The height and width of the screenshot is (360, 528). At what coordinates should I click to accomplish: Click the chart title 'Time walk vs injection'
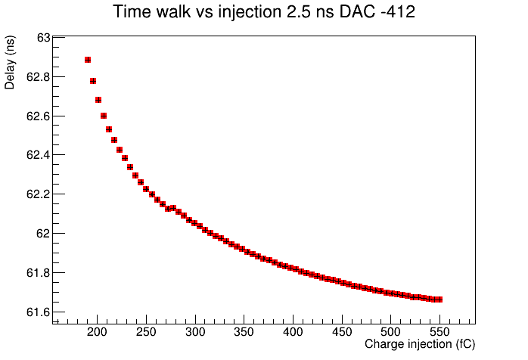197,12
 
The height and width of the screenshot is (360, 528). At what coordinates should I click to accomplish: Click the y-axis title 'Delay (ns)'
10,62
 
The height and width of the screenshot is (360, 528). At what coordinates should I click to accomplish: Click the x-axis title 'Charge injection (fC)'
420,344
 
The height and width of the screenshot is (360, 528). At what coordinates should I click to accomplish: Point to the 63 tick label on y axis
43,38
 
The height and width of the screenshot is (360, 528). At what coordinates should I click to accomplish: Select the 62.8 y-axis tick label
39,77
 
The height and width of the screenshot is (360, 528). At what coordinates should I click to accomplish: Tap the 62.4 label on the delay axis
39,155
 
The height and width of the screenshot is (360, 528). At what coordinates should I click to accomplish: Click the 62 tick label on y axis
43,234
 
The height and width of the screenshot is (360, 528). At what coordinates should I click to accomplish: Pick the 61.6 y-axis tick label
39,312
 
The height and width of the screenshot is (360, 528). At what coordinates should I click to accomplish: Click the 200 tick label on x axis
97,332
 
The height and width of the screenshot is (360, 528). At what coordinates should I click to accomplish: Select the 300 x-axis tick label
195,332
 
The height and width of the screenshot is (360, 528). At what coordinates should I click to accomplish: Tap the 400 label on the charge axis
293,332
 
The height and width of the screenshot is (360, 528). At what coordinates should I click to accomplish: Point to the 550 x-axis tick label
439,332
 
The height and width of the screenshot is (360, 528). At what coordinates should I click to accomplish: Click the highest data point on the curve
88,60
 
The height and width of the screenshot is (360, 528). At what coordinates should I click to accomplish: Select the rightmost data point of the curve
439,299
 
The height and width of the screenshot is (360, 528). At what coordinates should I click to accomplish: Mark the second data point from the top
93,81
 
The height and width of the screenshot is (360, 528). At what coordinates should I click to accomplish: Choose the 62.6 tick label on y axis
39,116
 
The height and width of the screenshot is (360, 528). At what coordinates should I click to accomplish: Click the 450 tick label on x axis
342,332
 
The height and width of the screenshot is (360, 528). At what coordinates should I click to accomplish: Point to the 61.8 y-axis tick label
39,273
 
